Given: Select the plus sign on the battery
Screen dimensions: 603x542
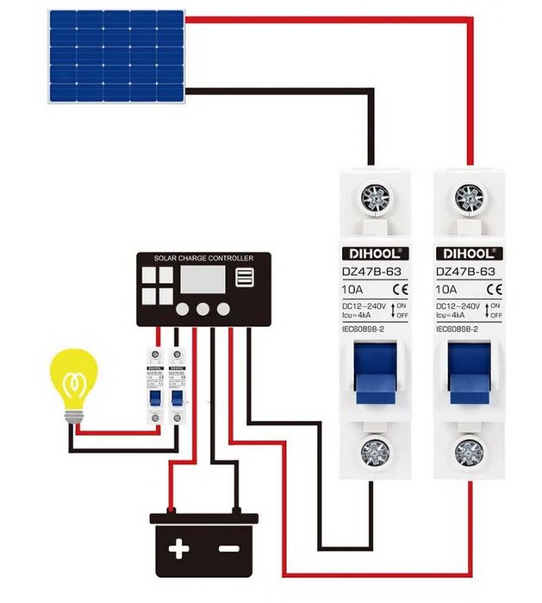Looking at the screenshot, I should click(178, 549).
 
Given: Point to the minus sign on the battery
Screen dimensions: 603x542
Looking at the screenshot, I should click(227, 549).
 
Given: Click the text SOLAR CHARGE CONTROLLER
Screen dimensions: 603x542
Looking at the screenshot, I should click(204, 258).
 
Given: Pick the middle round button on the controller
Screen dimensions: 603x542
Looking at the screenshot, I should click(203, 309).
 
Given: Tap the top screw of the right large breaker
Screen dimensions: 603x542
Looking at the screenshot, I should click(469, 198).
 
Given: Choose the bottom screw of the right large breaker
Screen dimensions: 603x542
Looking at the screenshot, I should click(469, 451).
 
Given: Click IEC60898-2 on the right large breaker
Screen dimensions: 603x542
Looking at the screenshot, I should click(458, 329).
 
